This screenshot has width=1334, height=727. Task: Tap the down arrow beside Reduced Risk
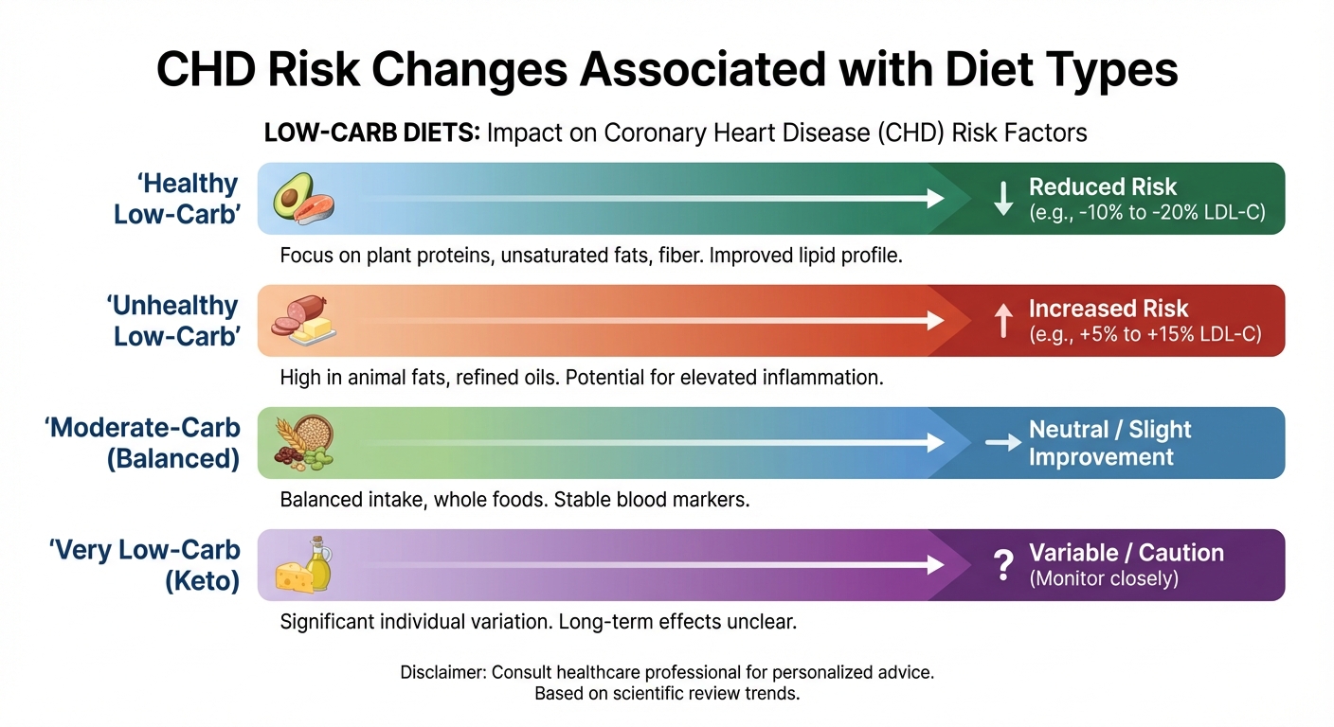[1002, 199]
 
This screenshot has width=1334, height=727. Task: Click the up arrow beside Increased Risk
[1002, 322]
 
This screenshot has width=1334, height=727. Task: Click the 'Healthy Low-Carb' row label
[175, 199]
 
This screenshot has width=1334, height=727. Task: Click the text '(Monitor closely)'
[1104, 578]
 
